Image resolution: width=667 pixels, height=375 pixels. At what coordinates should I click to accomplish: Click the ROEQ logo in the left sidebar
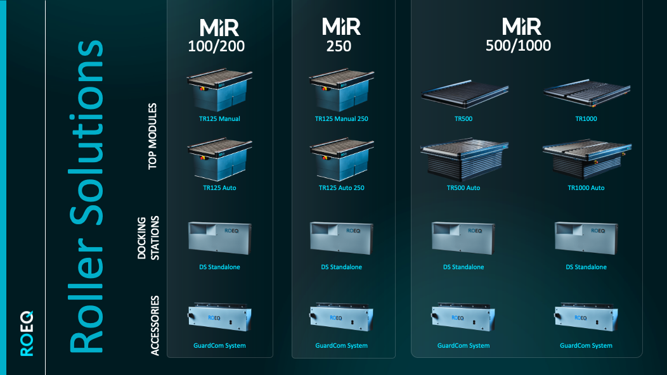point(26,333)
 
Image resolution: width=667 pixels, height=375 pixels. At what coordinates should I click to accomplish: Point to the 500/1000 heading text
point(518,46)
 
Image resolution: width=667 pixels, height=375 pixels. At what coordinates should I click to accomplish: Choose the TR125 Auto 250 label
point(342,187)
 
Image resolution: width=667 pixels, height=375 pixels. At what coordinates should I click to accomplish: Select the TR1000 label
point(586,118)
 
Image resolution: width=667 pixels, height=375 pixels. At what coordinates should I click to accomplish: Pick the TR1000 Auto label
point(586,187)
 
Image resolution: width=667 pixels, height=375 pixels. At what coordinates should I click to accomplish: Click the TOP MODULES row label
point(152,136)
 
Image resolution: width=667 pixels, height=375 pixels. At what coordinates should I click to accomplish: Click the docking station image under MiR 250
point(342,238)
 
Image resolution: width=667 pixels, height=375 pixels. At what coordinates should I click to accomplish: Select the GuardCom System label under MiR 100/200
point(219,345)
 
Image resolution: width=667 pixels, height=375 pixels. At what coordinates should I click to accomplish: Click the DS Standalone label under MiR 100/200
point(219,267)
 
